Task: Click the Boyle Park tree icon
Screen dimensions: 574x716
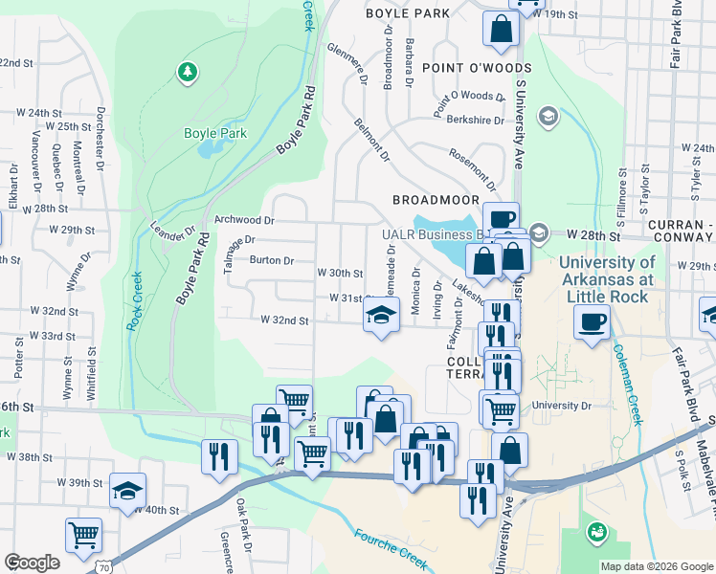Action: (x=188, y=71)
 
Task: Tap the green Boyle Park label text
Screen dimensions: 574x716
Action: (x=215, y=134)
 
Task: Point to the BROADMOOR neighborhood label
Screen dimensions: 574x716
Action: (x=436, y=199)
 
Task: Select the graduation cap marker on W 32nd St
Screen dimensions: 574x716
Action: (x=381, y=315)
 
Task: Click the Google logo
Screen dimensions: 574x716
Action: (x=32, y=562)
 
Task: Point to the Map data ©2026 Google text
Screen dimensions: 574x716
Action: (x=655, y=566)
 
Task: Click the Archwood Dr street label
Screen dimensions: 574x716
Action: (x=245, y=220)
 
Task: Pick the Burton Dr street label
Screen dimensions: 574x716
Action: (x=271, y=259)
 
